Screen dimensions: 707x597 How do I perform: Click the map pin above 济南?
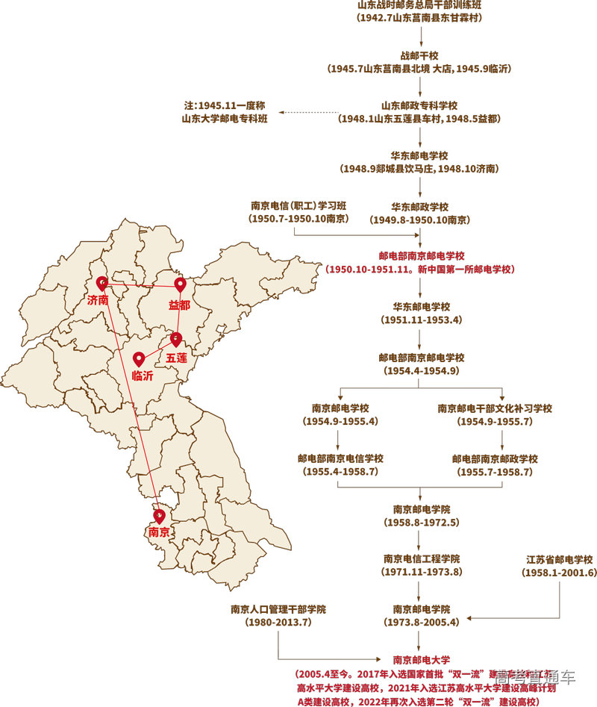(102, 283)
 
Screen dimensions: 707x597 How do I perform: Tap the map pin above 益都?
(179, 285)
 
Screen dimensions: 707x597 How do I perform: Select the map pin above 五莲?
(175, 339)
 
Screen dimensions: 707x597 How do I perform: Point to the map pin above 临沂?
(138, 358)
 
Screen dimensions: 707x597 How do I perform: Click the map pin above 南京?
(159, 514)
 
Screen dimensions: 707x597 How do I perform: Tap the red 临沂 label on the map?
(143, 376)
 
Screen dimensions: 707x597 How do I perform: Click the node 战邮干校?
(421, 55)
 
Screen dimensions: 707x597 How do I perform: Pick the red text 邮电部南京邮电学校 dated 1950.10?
(422, 255)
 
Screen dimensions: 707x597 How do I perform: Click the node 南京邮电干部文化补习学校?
(495, 408)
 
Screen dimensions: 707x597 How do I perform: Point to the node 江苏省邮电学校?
(559, 559)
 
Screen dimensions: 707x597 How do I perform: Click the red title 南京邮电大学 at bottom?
(421, 659)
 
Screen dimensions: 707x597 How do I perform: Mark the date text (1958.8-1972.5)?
(422, 522)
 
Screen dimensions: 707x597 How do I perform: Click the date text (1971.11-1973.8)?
(422, 572)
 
